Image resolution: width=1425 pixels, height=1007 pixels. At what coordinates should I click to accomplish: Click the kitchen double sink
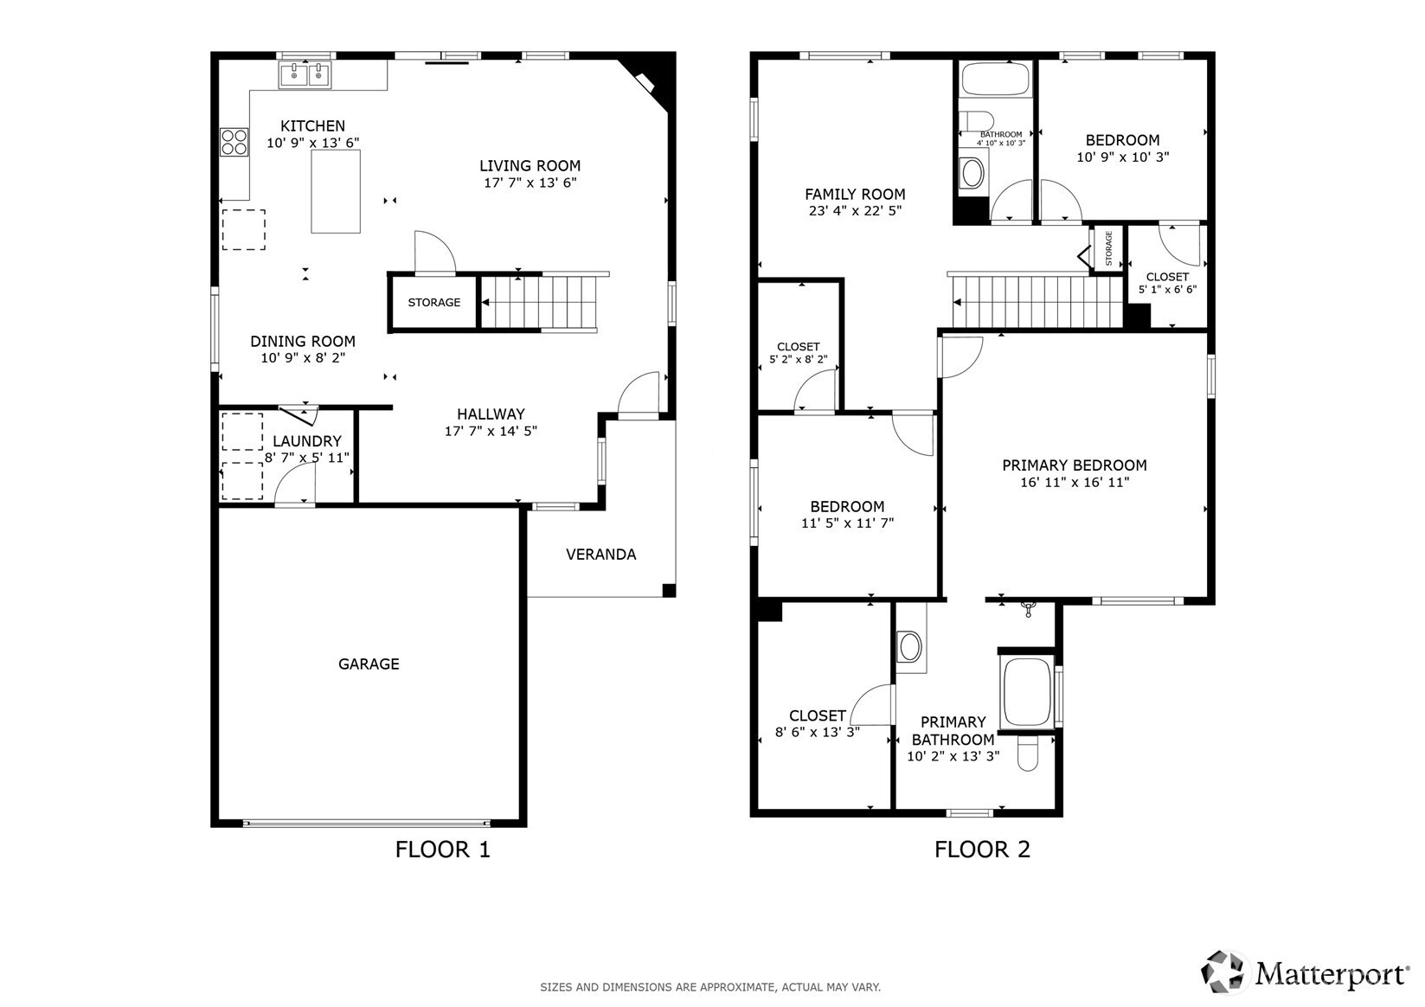(x=305, y=75)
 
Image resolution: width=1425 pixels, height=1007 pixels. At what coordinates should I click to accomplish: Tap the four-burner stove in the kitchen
(x=234, y=142)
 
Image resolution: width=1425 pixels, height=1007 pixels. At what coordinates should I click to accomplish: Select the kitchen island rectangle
(x=335, y=191)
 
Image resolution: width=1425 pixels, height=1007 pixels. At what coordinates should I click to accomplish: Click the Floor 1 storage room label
(x=433, y=302)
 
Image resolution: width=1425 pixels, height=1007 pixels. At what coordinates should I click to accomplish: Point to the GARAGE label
(x=369, y=664)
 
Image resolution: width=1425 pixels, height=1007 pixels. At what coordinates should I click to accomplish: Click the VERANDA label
(x=601, y=555)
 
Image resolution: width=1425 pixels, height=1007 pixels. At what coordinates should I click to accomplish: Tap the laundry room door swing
(x=294, y=484)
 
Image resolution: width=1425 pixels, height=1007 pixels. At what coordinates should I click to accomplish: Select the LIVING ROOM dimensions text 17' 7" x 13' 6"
(x=530, y=183)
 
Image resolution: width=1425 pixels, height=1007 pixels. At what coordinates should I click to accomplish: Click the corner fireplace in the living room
(x=648, y=80)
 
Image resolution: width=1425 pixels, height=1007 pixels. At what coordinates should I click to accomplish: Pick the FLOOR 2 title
(x=982, y=850)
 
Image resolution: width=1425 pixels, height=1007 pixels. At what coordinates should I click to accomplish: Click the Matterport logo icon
(x=1222, y=972)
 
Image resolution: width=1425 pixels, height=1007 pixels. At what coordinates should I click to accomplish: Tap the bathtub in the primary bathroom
(x=1025, y=692)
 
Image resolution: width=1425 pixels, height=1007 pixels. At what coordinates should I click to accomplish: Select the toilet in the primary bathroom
(x=1027, y=754)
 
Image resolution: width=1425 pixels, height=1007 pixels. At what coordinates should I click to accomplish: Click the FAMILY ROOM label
(x=855, y=195)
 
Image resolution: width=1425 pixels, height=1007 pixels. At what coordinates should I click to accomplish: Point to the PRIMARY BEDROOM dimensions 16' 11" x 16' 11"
(x=1075, y=483)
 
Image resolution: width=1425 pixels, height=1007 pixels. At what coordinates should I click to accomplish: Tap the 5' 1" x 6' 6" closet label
(x=1167, y=290)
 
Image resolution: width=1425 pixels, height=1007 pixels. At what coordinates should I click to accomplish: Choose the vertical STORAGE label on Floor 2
(x=1109, y=248)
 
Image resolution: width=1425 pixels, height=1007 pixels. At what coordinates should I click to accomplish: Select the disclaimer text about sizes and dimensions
(x=710, y=987)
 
